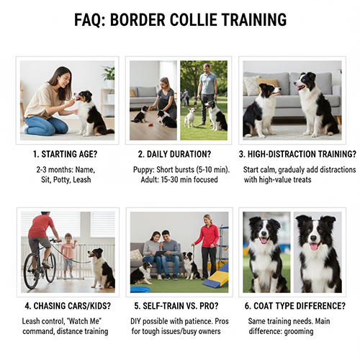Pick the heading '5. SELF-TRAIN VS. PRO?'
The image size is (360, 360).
[179, 305]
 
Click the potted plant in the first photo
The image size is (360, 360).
[109, 75]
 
